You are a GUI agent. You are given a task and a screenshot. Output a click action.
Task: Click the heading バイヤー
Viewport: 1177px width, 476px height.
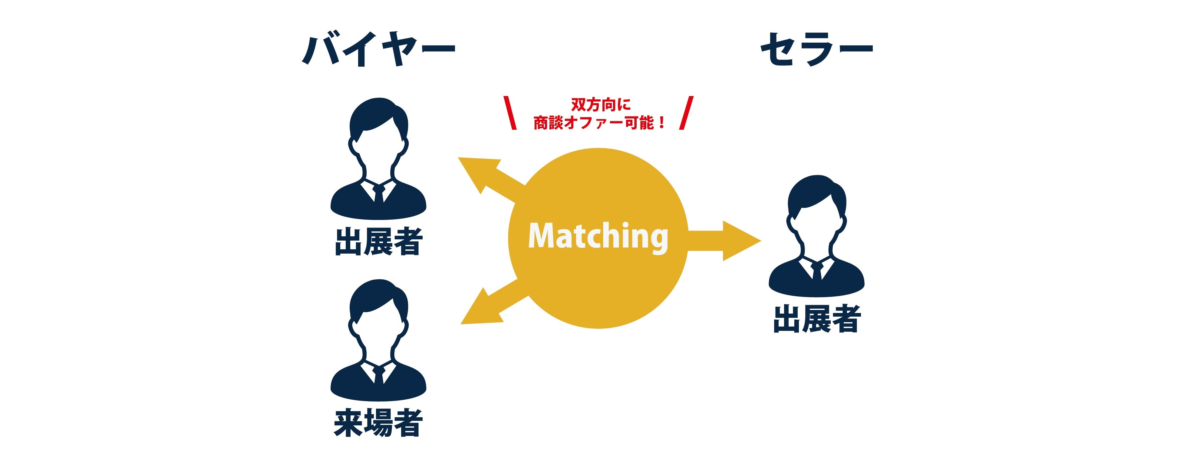click(379, 49)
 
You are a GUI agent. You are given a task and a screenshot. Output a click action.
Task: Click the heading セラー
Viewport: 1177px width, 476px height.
click(816, 49)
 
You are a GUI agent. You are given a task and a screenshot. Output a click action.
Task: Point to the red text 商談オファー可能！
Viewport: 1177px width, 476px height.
click(599, 122)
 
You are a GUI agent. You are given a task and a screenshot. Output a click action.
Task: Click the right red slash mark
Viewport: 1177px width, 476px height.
click(686, 112)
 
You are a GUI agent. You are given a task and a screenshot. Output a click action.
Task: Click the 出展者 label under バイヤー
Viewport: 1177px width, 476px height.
click(379, 241)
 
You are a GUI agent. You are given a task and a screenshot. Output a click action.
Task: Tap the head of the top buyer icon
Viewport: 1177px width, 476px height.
click(378, 130)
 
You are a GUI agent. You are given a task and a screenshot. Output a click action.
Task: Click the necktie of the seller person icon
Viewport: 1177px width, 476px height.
click(816, 271)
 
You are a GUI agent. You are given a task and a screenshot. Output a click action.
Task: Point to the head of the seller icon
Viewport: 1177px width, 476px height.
click(816, 208)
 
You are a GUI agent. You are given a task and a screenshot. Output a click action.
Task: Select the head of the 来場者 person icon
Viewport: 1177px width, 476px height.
click(378, 312)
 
